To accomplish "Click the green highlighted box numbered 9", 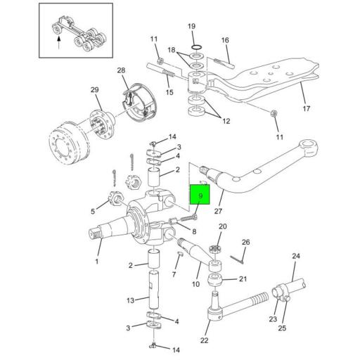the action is click(200, 194).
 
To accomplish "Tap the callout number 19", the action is click(191, 26).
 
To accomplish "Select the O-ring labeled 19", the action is click(196, 47).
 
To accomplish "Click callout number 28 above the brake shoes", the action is click(121, 70).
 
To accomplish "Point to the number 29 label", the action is click(94, 89).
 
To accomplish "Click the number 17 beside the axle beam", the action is click(307, 108).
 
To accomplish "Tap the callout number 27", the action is click(218, 211).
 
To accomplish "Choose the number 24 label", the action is click(296, 256).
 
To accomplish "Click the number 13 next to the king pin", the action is click(130, 300).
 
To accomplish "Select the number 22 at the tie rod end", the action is click(204, 340).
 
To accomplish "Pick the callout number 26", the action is click(245, 242).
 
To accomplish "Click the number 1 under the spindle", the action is click(97, 262).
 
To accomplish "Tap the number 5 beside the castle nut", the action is click(93, 212).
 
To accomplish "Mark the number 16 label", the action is click(225, 40).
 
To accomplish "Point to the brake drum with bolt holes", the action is click(70, 143).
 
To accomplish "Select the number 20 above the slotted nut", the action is click(223, 226).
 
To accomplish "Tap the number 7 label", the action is click(174, 274).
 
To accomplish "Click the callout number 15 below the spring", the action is click(169, 92).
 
